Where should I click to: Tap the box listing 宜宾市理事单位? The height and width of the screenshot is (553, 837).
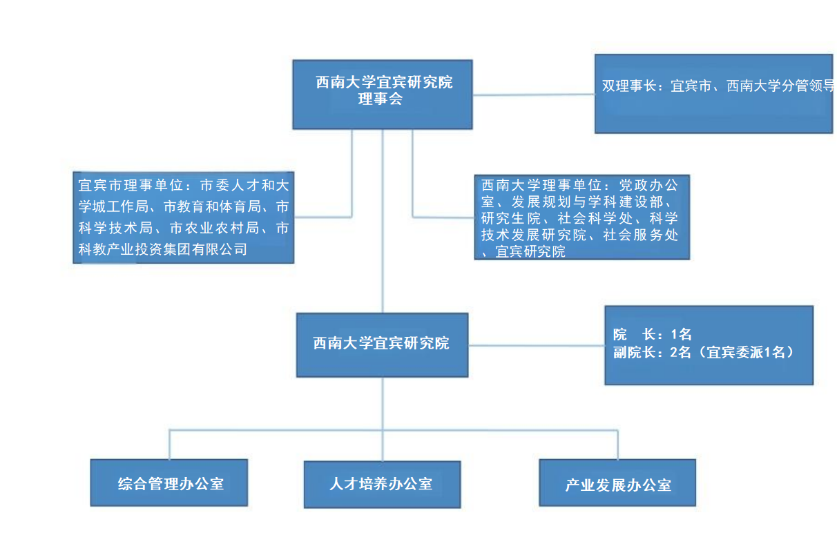click(x=183, y=217)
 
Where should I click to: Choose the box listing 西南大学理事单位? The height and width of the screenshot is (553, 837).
click(x=581, y=217)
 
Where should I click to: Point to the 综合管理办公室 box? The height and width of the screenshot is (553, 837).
click(x=169, y=483)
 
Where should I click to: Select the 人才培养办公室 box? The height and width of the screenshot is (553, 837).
click(x=382, y=484)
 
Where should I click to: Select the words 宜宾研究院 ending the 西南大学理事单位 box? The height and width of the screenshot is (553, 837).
click(x=530, y=252)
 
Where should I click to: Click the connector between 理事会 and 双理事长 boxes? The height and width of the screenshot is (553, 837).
click(x=533, y=94)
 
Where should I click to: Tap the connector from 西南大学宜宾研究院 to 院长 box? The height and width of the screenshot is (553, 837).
click(x=536, y=345)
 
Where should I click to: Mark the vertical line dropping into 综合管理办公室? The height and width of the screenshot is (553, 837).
click(x=170, y=445)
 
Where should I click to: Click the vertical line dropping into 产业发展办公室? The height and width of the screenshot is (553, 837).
click(x=617, y=445)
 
